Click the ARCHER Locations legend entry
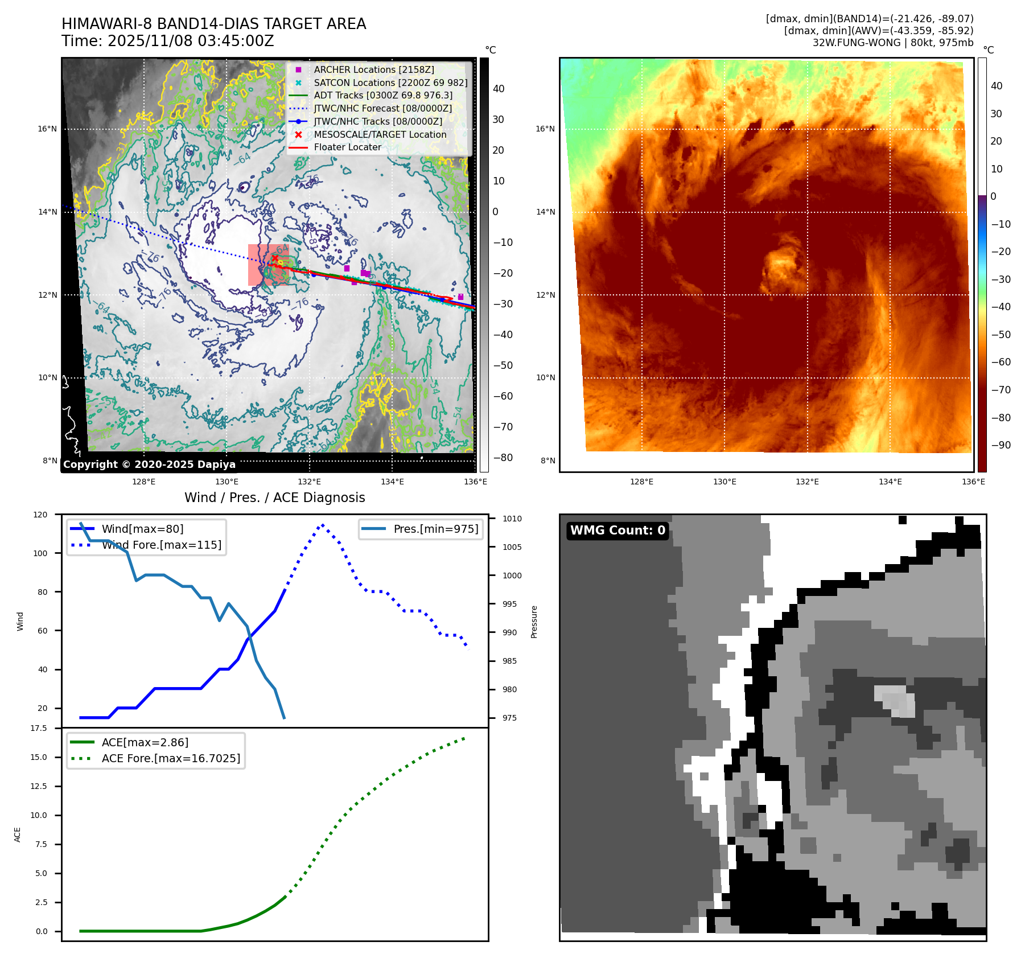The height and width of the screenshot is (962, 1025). (x=373, y=69)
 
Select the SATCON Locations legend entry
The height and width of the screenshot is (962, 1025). (x=390, y=83)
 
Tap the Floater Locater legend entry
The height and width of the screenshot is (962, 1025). (x=347, y=147)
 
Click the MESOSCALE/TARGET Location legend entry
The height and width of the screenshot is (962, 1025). (x=380, y=134)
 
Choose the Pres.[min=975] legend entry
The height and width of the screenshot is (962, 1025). (x=436, y=529)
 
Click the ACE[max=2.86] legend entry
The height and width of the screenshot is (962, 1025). (x=145, y=742)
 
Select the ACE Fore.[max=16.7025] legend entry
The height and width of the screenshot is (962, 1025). (x=171, y=758)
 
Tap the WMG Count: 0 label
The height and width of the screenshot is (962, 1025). (x=618, y=531)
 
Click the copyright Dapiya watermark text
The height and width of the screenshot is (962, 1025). (x=149, y=464)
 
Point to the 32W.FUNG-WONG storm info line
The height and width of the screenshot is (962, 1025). (x=892, y=43)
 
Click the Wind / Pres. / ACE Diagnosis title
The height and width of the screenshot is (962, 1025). (x=274, y=498)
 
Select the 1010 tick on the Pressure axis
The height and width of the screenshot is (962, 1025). (x=512, y=519)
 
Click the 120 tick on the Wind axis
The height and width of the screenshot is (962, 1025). (x=40, y=515)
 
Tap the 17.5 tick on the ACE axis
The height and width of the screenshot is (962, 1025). (x=39, y=728)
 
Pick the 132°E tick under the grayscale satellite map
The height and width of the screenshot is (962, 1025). (x=310, y=482)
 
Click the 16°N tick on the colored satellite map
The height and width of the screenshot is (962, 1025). (x=545, y=129)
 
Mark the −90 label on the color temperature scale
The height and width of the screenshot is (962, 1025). (x=1001, y=445)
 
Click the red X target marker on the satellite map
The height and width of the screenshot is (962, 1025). (x=275, y=258)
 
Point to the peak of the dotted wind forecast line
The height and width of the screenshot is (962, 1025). (x=323, y=525)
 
